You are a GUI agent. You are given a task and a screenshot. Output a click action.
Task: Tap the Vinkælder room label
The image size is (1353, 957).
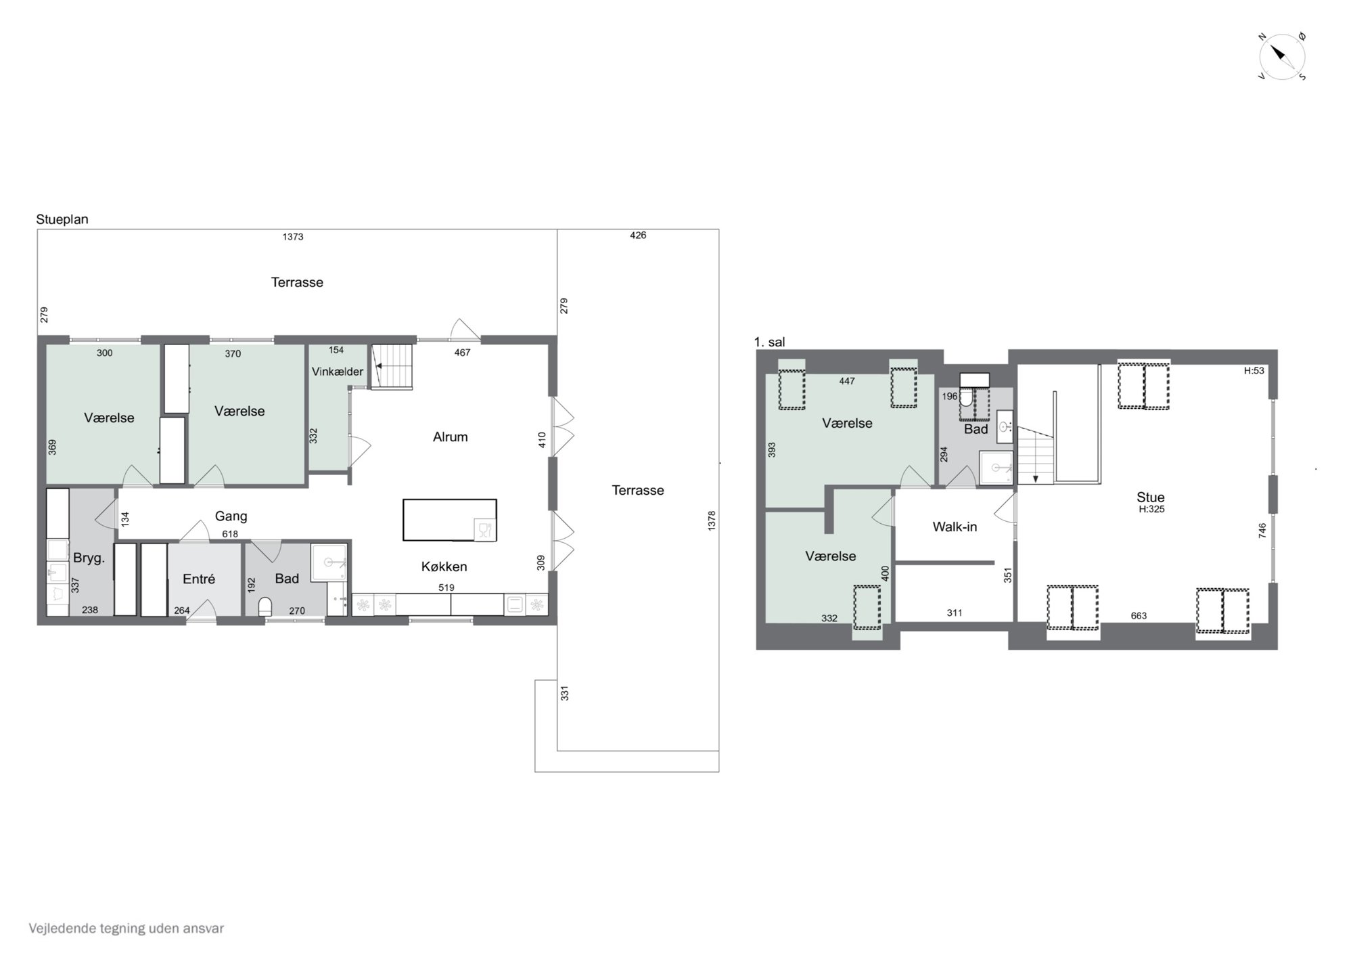pos(338,372)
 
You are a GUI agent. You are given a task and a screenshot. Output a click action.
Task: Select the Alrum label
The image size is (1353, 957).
pos(451,437)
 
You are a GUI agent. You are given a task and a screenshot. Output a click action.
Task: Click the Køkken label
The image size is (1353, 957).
pos(444,566)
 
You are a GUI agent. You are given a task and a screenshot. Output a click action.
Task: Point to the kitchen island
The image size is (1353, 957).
pos(450,520)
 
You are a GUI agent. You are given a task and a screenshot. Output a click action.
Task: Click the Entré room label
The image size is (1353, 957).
pos(199,579)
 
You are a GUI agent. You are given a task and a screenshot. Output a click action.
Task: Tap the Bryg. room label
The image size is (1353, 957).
pos(89,558)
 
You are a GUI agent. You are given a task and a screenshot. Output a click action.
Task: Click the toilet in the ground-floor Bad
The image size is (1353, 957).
pos(266,605)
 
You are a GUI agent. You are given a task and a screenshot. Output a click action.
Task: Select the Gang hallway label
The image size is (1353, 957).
pos(231,516)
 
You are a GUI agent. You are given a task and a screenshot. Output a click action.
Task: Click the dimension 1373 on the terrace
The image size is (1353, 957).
pos(293,237)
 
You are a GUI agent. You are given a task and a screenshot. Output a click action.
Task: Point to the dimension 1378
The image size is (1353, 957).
pos(711,520)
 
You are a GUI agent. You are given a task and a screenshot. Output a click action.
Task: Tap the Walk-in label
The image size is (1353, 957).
pos(955,527)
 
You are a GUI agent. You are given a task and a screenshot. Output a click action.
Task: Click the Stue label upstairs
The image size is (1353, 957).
pos(1151,497)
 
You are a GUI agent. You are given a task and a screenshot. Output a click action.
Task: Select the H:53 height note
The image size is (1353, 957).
pos(1254,371)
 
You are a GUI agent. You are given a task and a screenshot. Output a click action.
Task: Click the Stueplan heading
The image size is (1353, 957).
pos(62,220)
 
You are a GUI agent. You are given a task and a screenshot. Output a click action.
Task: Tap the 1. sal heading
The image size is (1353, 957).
pos(770,342)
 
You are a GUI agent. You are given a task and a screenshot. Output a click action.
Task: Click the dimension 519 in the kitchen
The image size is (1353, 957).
pos(446,587)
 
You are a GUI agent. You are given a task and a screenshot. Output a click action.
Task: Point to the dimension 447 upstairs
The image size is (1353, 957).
pos(847,381)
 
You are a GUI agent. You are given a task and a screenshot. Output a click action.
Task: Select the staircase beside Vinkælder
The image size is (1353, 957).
pos(391,366)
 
